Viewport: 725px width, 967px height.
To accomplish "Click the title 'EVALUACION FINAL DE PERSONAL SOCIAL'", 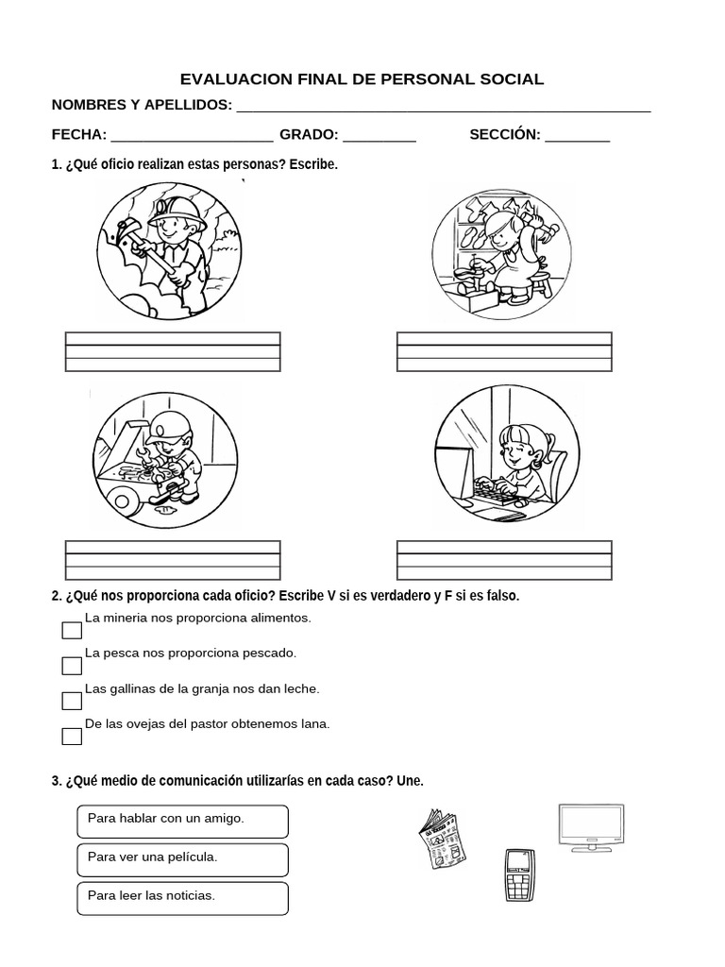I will coord(362,79).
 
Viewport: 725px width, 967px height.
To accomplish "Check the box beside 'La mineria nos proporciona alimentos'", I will coord(72,631).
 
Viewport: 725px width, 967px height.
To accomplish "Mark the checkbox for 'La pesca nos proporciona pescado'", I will coord(72,666).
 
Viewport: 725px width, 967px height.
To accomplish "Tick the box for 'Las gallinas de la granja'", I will coord(72,701).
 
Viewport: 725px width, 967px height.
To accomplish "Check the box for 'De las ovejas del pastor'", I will coord(72,737).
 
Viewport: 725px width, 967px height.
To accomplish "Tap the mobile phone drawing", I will coord(516,874).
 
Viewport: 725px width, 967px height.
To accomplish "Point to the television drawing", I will coord(591,828).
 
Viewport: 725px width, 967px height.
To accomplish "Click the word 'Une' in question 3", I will coord(411,781).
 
